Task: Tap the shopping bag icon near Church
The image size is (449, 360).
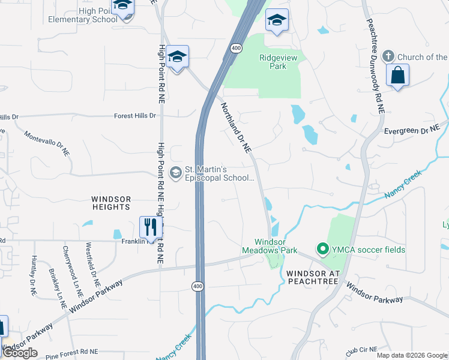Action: pos(397,76)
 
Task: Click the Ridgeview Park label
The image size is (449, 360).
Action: pos(273,62)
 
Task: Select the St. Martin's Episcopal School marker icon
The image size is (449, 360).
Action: pos(176,173)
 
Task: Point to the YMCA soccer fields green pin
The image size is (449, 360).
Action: pos(322,249)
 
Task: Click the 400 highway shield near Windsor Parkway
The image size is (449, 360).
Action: pos(198,287)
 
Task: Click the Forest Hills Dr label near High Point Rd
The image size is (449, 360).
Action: pos(135,116)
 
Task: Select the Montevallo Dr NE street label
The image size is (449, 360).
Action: pos(47,143)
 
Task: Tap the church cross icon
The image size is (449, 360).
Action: pos(388,56)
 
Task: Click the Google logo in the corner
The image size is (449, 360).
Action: pos(20,353)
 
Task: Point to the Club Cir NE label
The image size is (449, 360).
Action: pos(361,349)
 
